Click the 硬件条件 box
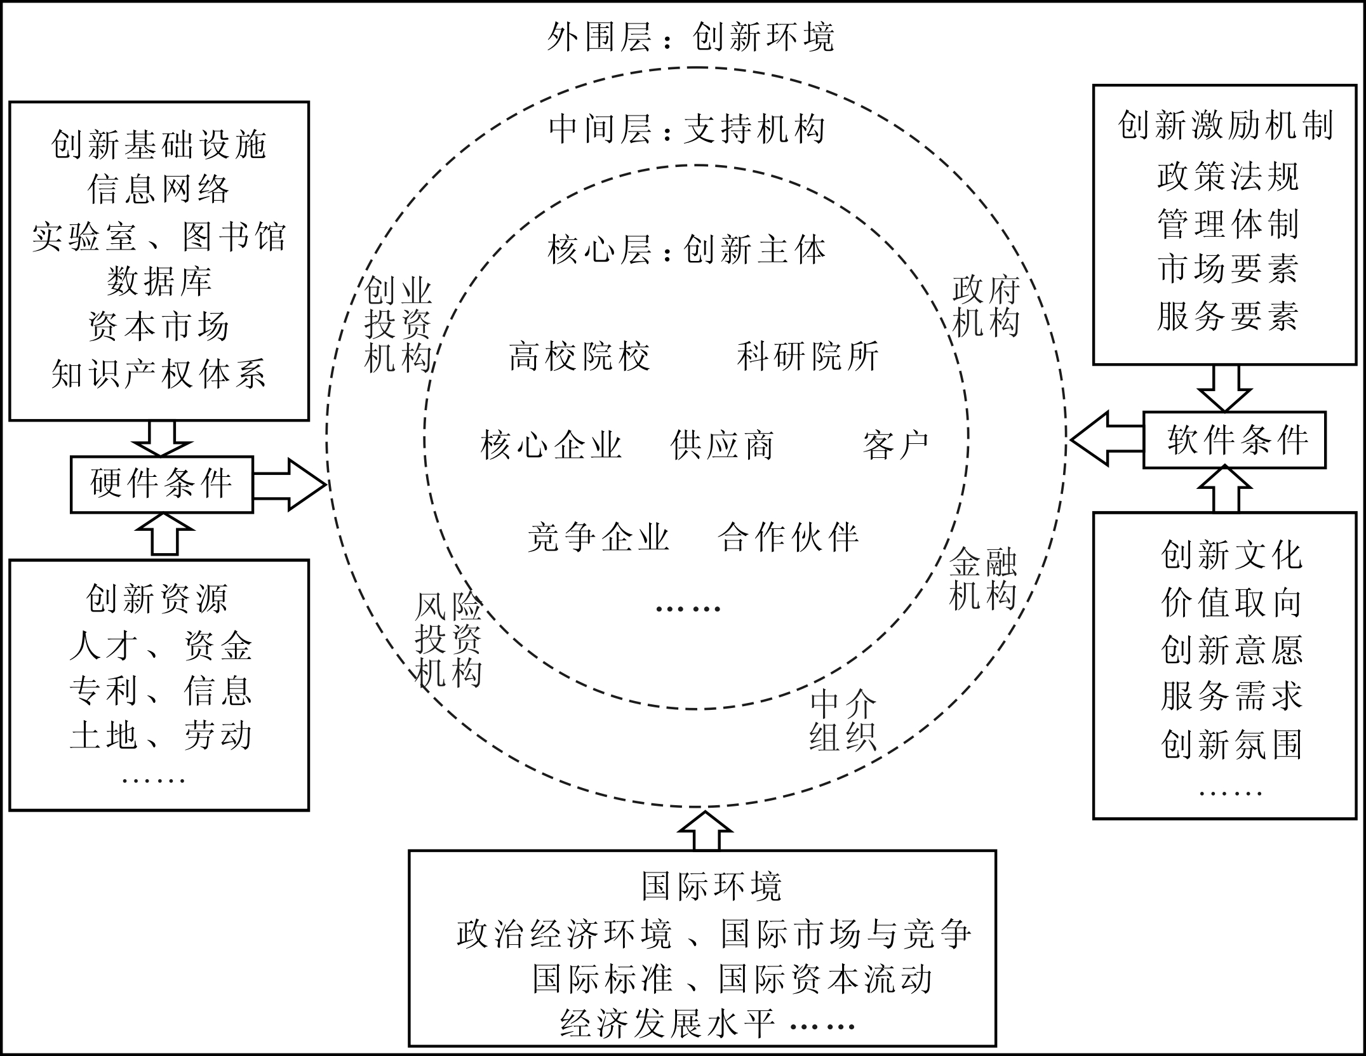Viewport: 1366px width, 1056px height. [x=161, y=484]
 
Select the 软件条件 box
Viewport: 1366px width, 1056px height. [x=1234, y=440]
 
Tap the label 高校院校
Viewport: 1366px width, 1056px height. [x=579, y=356]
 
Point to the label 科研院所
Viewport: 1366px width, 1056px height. [x=808, y=356]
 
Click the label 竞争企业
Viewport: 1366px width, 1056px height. [x=598, y=537]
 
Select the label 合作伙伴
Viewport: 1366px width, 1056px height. [x=788, y=537]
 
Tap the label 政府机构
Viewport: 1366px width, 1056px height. [x=986, y=307]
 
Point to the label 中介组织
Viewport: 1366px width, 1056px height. [x=843, y=721]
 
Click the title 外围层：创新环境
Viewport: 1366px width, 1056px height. [x=690, y=37]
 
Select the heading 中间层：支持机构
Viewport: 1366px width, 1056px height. [x=686, y=130]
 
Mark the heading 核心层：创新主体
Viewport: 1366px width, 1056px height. [x=686, y=250]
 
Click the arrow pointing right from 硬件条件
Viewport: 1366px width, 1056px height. [x=290, y=484]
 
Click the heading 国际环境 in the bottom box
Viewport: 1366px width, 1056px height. [x=711, y=887]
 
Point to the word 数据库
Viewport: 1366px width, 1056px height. [x=159, y=281]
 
